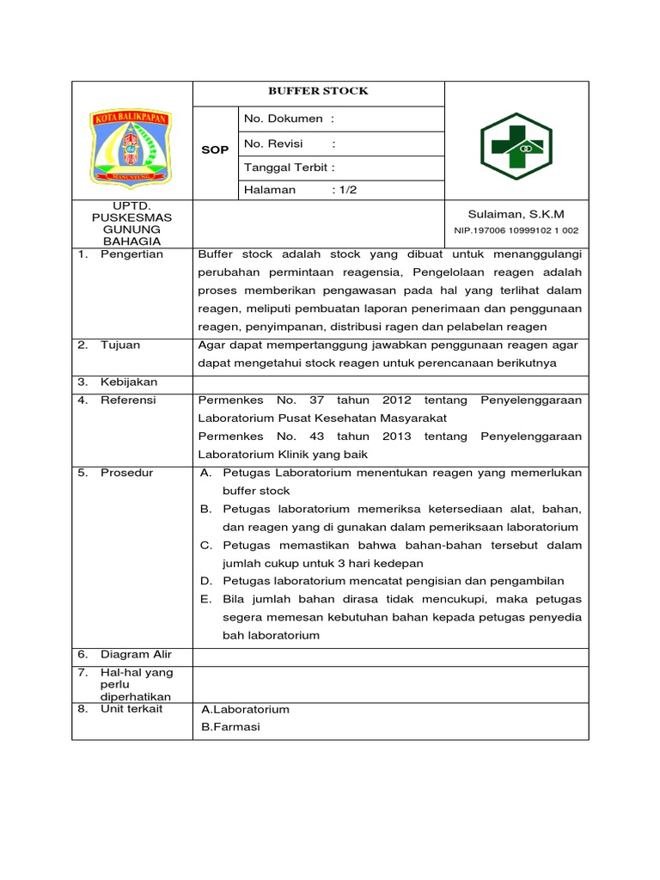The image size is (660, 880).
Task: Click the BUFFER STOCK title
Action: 318,91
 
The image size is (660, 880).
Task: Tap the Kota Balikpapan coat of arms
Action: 131,148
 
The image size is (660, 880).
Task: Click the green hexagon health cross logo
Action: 516,147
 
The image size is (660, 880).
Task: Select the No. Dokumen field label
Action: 290,119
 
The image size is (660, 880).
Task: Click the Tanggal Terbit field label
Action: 290,168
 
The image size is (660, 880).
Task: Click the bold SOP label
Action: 214,150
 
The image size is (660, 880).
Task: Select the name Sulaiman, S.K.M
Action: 516,214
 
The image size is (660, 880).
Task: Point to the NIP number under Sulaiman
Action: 516,230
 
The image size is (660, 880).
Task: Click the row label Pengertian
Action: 131,254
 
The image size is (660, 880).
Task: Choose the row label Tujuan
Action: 119,345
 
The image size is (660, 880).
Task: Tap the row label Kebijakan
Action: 128,382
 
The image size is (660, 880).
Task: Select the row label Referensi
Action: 128,400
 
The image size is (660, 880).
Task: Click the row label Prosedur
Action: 126,473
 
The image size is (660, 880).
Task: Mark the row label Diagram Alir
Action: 136,654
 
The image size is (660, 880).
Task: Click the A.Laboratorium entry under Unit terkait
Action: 245,709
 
